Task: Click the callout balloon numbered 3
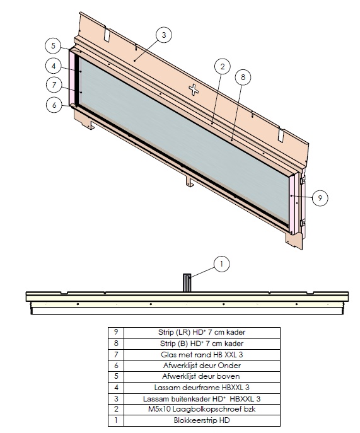click(x=163, y=35)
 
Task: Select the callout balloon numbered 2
click(x=223, y=66)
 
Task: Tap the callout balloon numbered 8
click(x=243, y=77)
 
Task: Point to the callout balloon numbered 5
click(x=54, y=45)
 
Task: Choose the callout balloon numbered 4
click(x=54, y=66)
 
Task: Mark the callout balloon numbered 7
click(x=54, y=84)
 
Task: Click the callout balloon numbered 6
click(x=54, y=105)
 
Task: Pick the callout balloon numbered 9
click(x=320, y=198)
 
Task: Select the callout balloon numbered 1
click(x=221, y=264)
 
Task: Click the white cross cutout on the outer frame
click(x=194, y=89)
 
